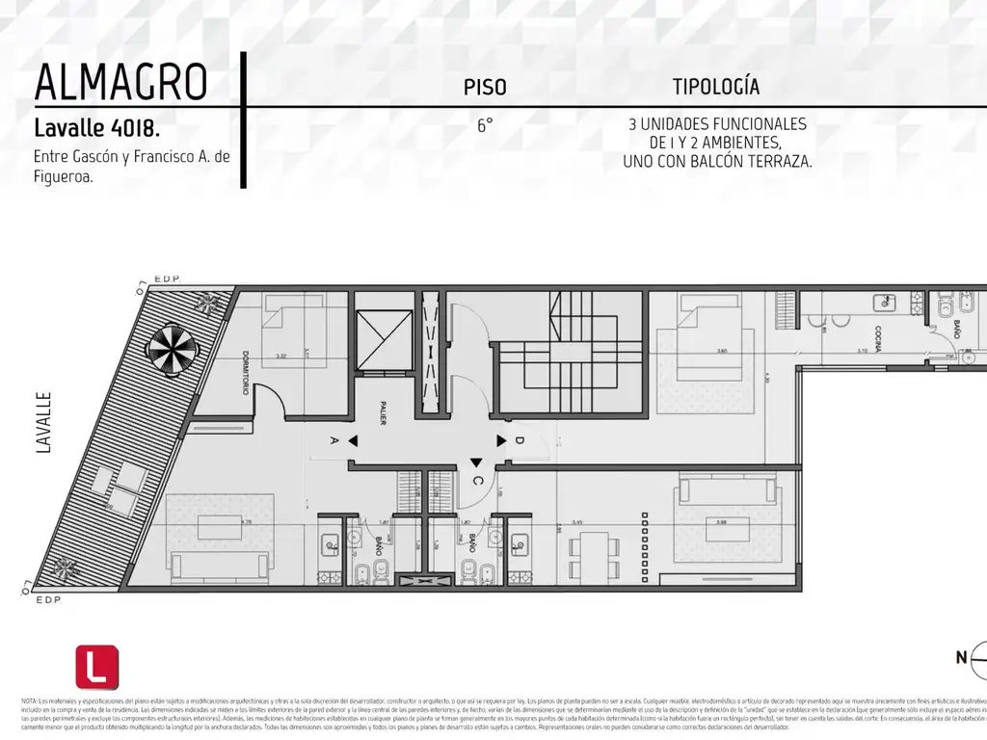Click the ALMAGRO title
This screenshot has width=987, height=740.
[x=120, y=83]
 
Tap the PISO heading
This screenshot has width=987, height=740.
[x=485, y=88]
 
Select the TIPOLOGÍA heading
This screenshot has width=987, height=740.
[x=715, y=87]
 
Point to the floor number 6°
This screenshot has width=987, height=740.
[x=485, y=125]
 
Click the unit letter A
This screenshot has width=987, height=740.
[x=333, y=441]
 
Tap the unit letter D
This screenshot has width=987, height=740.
[x=520, y=441]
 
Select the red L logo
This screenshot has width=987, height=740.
[x=97, y=667]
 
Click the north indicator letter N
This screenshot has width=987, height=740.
[x=961, y=658]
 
